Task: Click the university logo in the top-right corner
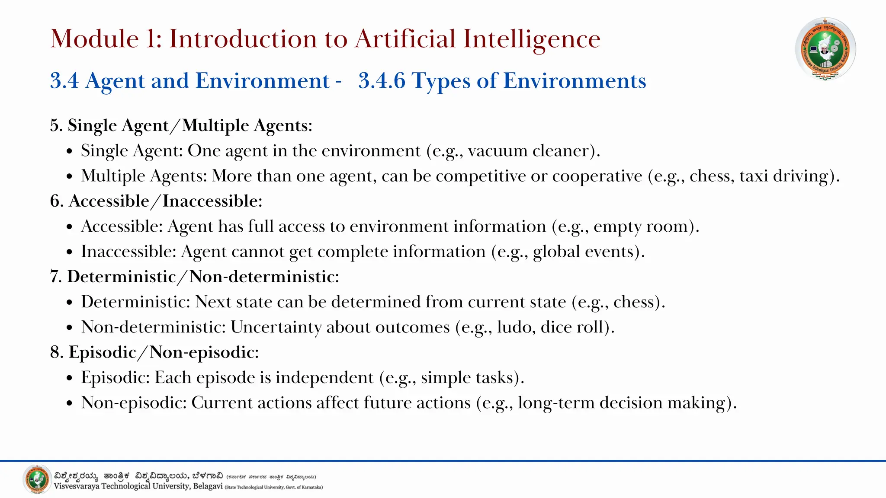[x=825, y=49]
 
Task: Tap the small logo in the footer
[x=37, y=479]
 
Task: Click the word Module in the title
[x=94, y=39]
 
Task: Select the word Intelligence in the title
[x=532, y=39]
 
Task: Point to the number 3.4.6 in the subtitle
[x=382, y=81]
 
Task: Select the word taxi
[x=754, y=176]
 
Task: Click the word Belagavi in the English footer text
[x=208, y=486]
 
